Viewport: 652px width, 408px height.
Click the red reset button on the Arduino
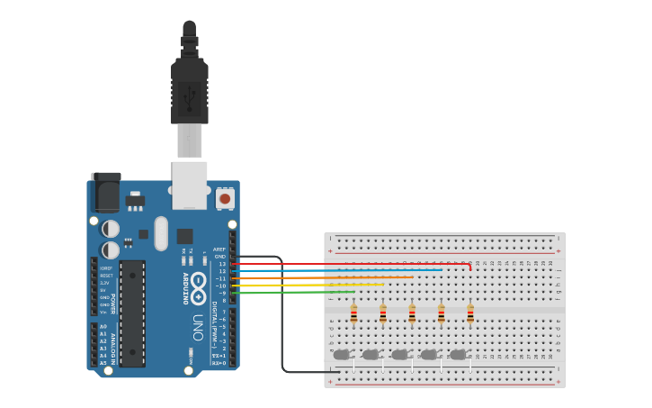coord(224,198)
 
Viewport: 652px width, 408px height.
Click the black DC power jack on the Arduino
coord(106,193)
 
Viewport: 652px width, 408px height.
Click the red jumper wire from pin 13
coord(360,264)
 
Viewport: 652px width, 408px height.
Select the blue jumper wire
coord(342,270)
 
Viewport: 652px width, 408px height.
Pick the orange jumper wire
coord(333,277)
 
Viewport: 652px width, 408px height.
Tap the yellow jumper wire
coord(324,285)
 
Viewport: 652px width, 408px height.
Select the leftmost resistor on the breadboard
coord(353,314)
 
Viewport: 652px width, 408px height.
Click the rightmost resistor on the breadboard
coord(470,314)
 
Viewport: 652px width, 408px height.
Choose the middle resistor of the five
coord(412,314)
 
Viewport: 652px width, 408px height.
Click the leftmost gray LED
coord(342,355)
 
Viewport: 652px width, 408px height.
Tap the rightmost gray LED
coord(458,355)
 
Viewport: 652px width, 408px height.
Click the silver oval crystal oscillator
coord(161,233)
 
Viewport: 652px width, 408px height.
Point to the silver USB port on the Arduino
coord(190,185)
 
